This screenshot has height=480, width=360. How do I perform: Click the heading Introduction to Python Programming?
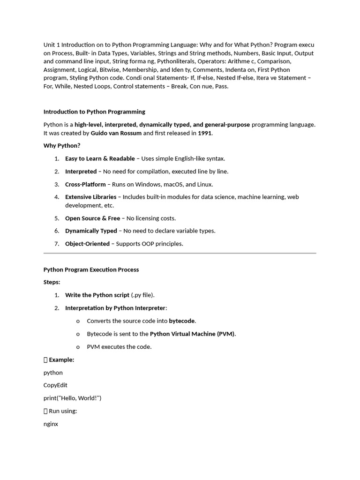[x=94, y=112]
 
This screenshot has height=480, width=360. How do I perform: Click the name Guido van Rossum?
[x=116, y=133]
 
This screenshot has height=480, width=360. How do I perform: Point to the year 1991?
[x=205, y=133]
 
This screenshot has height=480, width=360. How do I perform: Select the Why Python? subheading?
[x=62, y=146]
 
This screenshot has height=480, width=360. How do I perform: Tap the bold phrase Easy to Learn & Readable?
[x=100, y=158]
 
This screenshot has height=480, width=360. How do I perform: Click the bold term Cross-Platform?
[x=85, y=184]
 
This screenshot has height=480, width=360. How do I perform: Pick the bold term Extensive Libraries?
[x=90, y=197]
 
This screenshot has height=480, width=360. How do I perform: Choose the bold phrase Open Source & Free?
[x=92, y=218]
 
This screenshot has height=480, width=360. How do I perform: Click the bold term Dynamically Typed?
[x=91, y=231]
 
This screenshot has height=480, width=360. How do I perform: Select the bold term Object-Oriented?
[x=87, y=244]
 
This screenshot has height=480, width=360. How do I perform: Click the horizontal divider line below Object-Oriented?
[x=180, y=253]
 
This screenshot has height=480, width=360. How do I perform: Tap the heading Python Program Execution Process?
[x=91, y=270]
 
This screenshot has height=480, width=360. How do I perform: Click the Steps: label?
[x=52, y=282]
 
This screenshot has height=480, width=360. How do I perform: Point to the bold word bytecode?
[x=182, y=321]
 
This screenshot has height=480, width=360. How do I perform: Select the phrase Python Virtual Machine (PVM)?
[x=192, y=334]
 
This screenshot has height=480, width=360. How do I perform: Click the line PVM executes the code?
[x=119, y=347]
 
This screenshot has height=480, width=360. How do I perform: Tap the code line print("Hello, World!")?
[x=72, y=398]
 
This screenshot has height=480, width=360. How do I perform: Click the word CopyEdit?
[x=55, y=385]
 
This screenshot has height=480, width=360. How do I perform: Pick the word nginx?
[x=51, y=424]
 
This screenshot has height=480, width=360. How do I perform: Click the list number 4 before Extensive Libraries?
[x=57, y=197]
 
